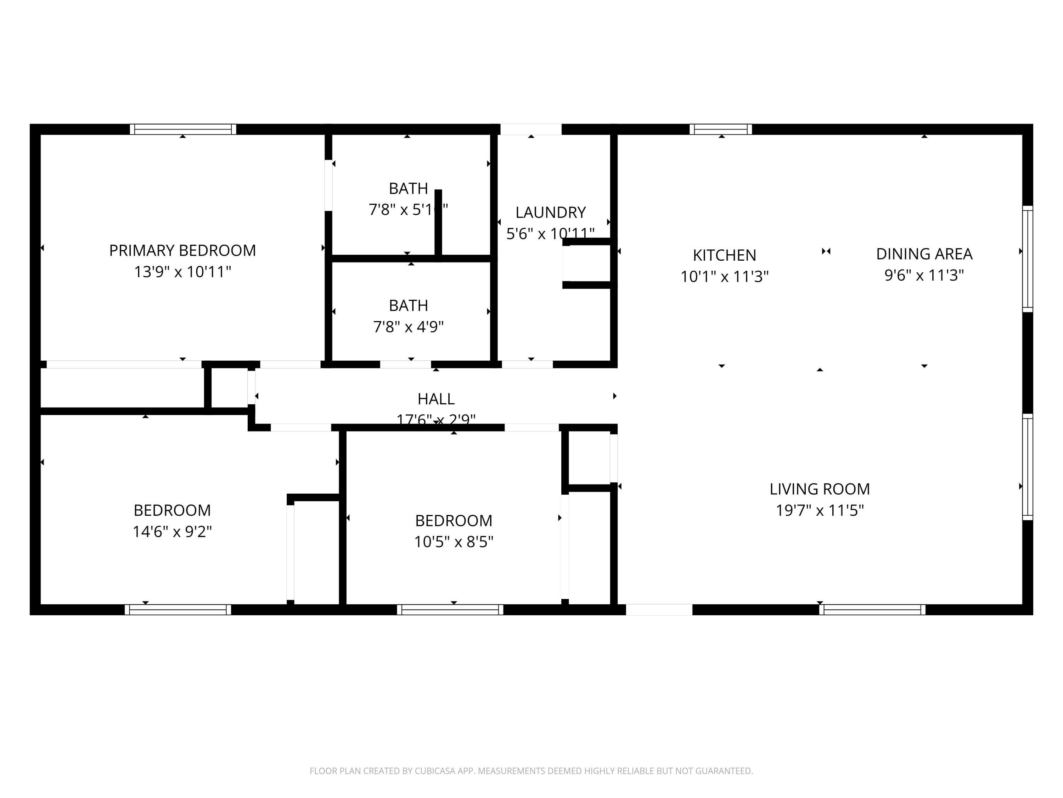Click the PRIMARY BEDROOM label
pos(182,251)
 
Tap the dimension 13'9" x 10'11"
pos(182,272)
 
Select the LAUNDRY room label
pos(550,212)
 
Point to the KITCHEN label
pos(724,255)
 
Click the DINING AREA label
pos(924,254)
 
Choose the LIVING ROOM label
pos(819,489)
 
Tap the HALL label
pos(435,399)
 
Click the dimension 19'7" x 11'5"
pos(819,510)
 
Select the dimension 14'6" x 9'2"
pos(172,532)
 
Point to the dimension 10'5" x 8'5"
pos(453,542)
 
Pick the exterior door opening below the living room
pos(658,610)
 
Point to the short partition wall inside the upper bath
pos(438,222)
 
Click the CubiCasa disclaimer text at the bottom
pos(531,771)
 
